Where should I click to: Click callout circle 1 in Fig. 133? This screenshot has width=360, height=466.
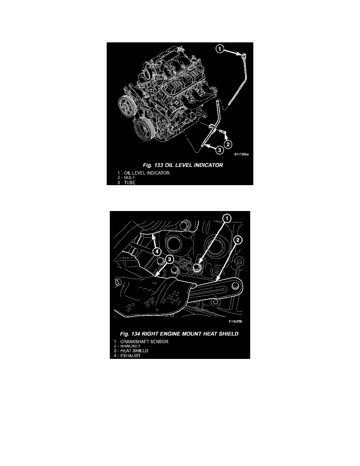(220, 48)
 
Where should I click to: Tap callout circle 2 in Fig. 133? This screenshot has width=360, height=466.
(227, 145)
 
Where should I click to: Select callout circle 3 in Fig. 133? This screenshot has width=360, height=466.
(219, 150)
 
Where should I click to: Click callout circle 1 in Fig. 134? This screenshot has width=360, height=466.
(227, 219)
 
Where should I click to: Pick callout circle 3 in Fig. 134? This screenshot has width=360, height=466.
(169, 259)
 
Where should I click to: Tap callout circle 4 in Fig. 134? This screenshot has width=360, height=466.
(157, 252)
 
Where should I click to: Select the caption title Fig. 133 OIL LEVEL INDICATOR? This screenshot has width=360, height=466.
(183, 165)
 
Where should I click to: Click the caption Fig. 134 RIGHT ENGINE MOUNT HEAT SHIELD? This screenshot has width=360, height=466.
(179, 334)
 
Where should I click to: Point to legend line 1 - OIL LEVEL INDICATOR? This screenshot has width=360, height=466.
(144, 173)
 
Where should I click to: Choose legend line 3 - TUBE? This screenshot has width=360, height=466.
(126, 182)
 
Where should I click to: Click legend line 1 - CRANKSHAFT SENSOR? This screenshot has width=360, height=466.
(141, 342)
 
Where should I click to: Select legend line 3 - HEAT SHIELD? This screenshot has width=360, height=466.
(131, 351)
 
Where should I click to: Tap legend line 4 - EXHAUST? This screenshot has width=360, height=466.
(127, 356)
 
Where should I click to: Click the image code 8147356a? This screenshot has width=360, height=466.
(242, 154)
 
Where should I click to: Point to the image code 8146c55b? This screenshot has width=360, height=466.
(236, 321)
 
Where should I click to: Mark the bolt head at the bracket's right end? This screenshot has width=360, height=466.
(236, 286)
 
